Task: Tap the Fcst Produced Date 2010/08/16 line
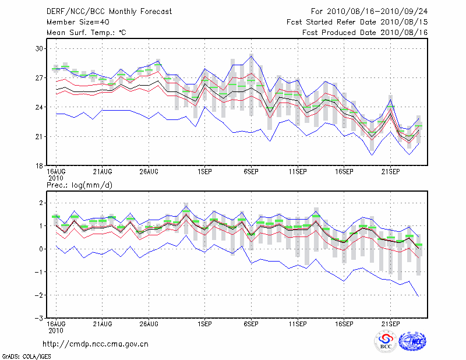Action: point(365,33)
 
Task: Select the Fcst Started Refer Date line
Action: point(357,22)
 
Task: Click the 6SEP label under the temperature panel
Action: point(251,172)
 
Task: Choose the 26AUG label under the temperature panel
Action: point(149,172)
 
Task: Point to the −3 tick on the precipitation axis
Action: point(38,319)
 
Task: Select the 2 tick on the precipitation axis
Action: point(40,203)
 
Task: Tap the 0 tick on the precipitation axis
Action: point(40,249)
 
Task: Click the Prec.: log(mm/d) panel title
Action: point(79,185)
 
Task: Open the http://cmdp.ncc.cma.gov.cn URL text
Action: point(96,344)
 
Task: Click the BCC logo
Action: point(385,341)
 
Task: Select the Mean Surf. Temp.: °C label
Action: point(86,33)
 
